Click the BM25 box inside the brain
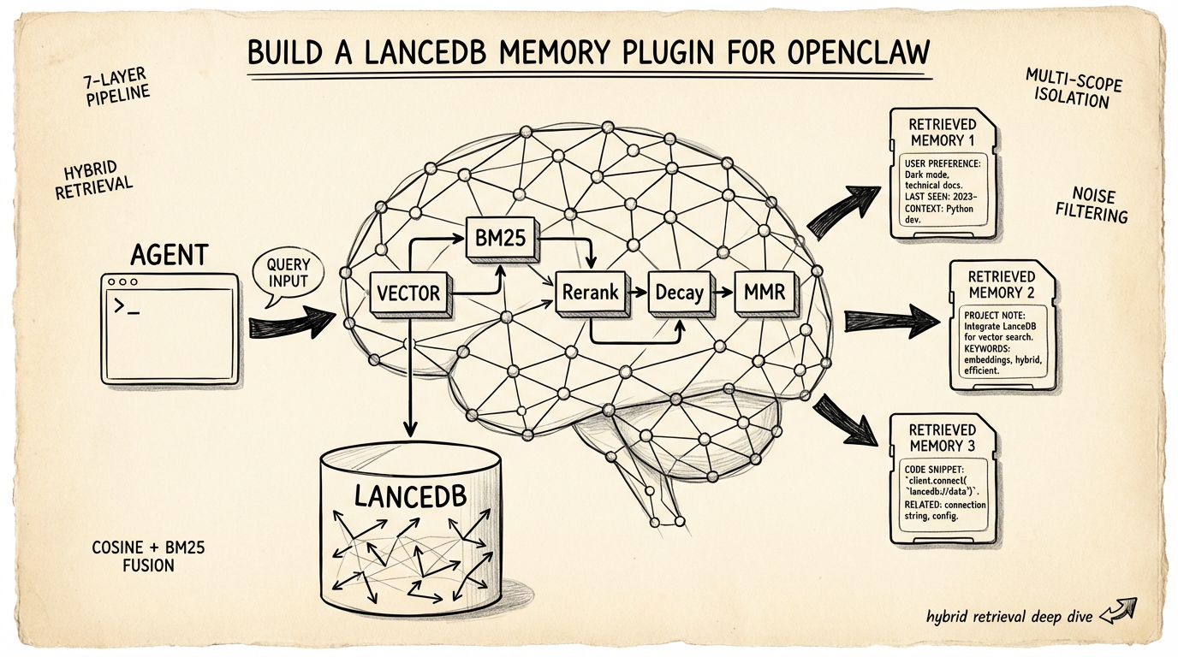[x=499, y=238]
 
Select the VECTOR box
[x=408, y=293]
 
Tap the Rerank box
[x=590, y=293]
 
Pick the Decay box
[x=679, y=293]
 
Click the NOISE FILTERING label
[x=1099, y=204]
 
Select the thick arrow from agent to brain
[x=292, y=324]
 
